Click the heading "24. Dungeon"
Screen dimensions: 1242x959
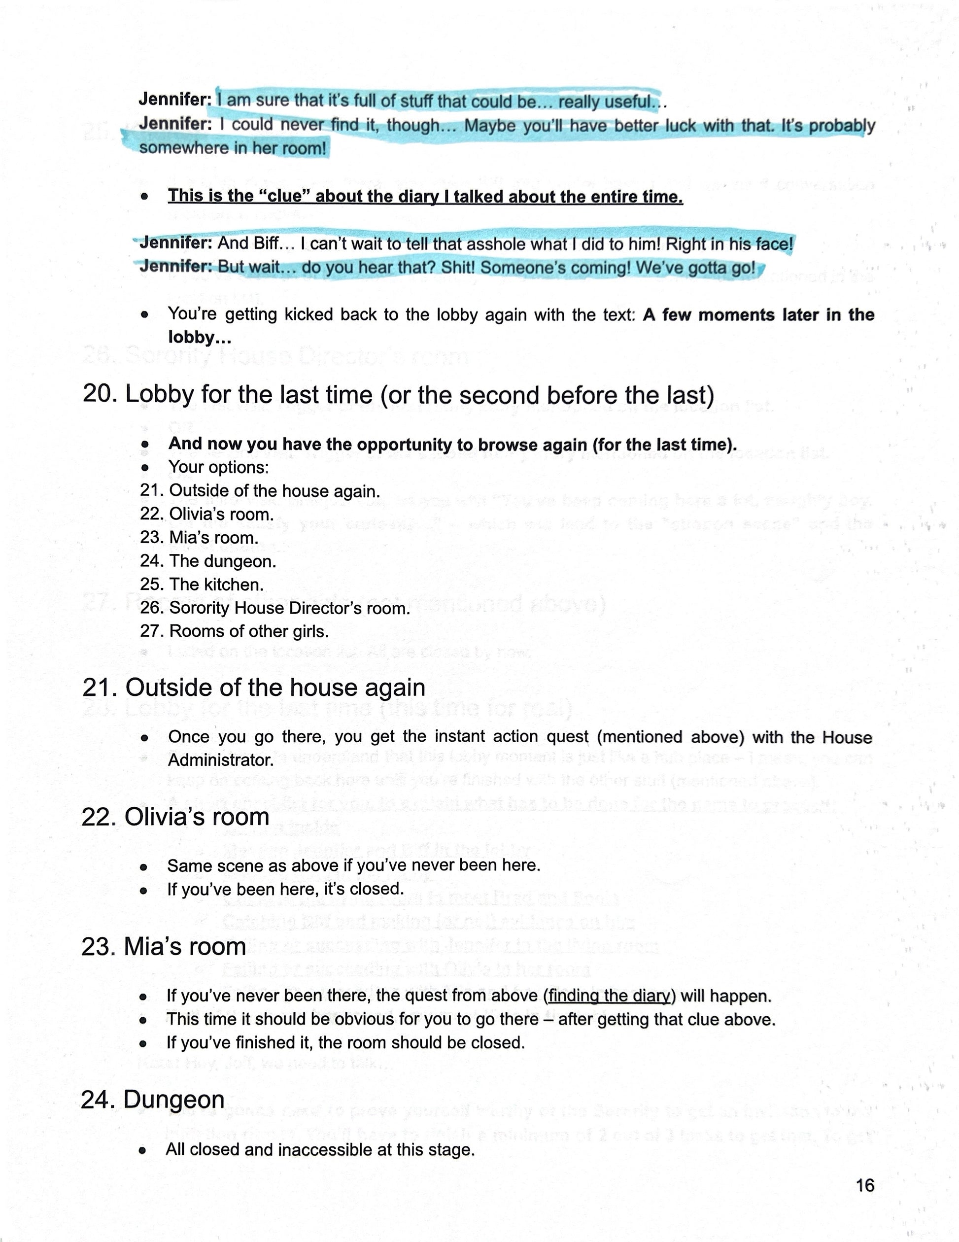click(x=153, y=1099)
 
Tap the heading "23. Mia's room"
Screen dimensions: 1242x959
click(x=164, y=946)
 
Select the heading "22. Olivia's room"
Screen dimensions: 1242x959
click(x=175, y=817)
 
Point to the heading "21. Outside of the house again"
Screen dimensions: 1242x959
click(x=253, y=687)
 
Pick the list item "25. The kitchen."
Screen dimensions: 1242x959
click(x=202, y=584)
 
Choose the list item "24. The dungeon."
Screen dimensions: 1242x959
click(x=208, y=561)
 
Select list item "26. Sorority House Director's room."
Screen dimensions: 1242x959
click(x=275, y=607)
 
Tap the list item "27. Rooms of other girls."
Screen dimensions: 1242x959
click(x=234, y=631)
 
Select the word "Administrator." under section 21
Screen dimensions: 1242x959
click(x=221, y=760)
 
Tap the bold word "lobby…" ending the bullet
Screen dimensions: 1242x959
click(x=200, y=337)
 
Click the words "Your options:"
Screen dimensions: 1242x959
click(x=218, y=467)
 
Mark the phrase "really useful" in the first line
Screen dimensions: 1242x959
click(x=604, y=102)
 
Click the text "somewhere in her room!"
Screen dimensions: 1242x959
click(x=233, y=148)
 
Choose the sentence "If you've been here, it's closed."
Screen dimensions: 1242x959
click(x=285, y=889)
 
